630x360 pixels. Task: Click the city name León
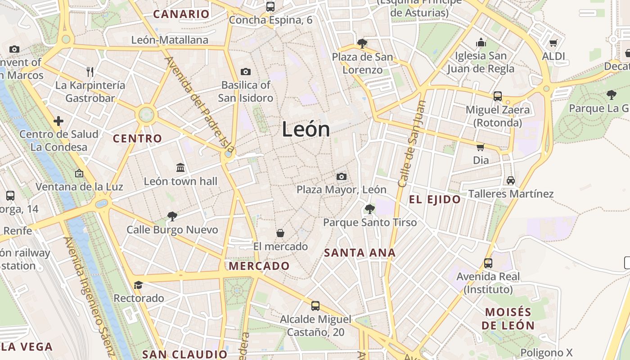(306, 130)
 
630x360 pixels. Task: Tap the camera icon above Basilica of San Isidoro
(246, 72)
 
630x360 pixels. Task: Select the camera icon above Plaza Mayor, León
(342, 176)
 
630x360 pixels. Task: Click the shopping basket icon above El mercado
(280, 233)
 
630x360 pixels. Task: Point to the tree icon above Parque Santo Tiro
(370, 209)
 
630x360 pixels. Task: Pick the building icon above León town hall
(180, 168)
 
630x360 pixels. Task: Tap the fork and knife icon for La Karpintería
(90, 72)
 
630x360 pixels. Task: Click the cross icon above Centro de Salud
(58, 121)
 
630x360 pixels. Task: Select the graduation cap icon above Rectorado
(138, 285)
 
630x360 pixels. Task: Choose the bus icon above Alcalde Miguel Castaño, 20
(315, 306)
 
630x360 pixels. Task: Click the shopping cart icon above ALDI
(553, 43)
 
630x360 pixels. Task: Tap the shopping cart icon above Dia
(481, 147)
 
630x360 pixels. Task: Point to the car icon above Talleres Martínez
(511, 180)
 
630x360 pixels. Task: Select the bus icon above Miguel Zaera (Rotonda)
(498, 96)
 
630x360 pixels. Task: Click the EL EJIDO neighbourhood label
(435, 199)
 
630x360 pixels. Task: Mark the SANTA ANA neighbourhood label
(360, 253)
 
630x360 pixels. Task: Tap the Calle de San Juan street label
(412, 144)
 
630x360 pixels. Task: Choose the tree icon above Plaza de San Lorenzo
(362, 44)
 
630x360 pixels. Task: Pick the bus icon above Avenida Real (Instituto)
(488, 263)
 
